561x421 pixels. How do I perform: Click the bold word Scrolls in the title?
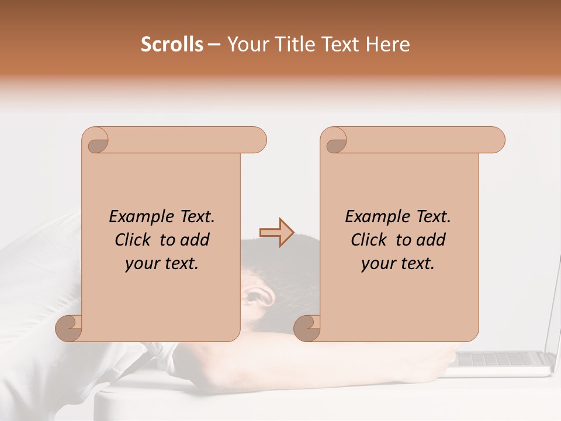click(172, 44)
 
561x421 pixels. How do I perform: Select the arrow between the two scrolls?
click(276, 233)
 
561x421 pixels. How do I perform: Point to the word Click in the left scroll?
click(134, 240)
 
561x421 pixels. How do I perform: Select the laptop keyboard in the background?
click(501, 358)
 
